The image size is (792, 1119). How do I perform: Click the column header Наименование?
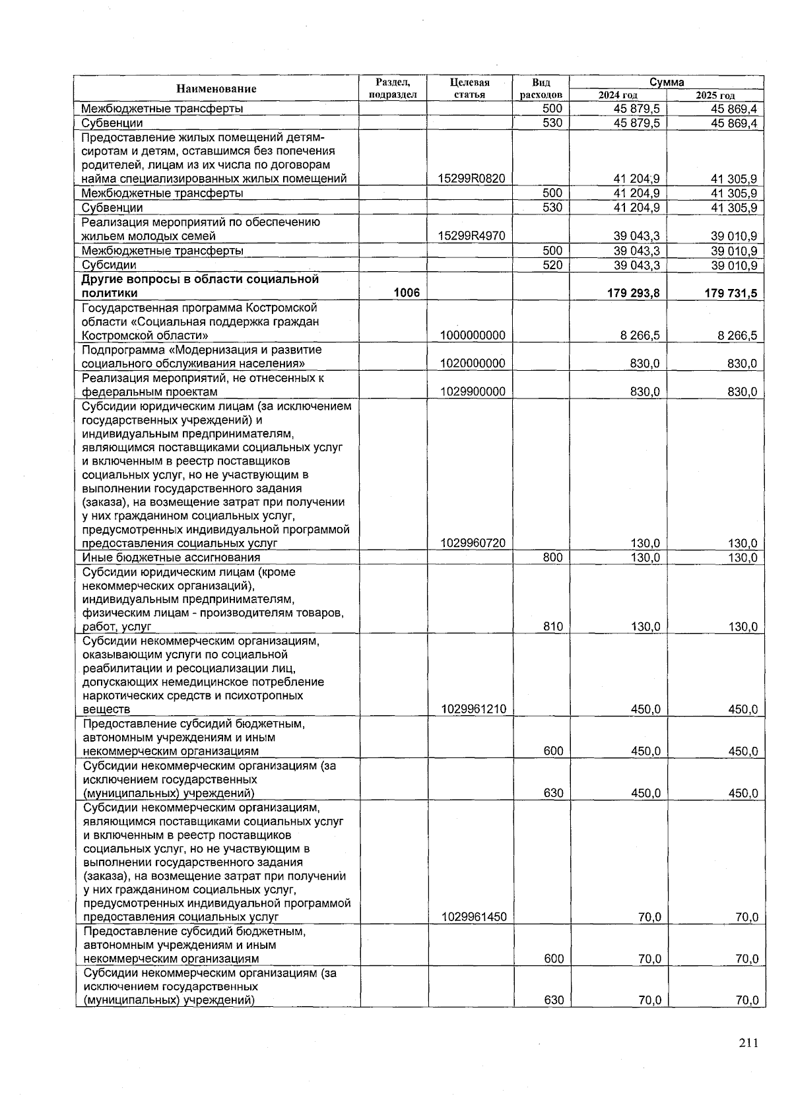pos(216,88)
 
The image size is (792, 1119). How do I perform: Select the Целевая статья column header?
pos(469,88)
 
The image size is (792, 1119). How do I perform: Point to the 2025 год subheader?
pos(715,96)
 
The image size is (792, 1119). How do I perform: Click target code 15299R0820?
pos(472,179)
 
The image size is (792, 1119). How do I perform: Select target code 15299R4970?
pos(472,236)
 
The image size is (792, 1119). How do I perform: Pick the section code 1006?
pos(407,293)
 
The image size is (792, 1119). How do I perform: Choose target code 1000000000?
pos(473,335)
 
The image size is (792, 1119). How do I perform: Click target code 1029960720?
pos(473,543)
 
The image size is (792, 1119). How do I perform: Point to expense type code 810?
pos(552,627)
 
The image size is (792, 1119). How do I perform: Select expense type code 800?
pos(552,558)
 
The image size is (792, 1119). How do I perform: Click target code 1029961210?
pos(473,710)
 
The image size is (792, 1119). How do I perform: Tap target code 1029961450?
pos(473,917)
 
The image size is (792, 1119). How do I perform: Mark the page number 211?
pos(748,1043)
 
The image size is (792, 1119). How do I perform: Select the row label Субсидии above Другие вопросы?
pos(109,265)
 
